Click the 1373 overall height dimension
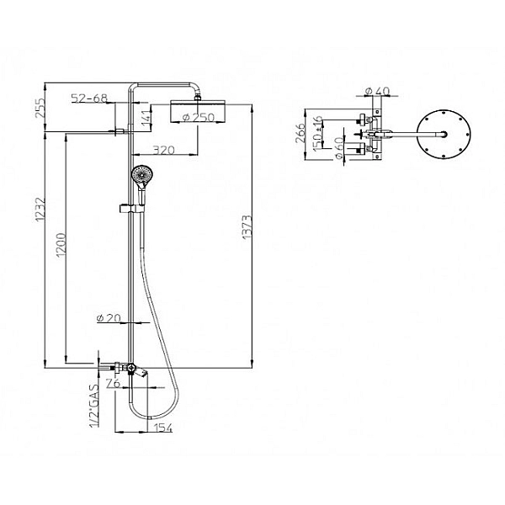pyautogui.click(x=247, y=227)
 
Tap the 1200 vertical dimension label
pyautogui.click(x=61, y=245)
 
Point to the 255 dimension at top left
pyautogui.click(x=40, y=108)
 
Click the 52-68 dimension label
pyautogui.click(x=89, y=98)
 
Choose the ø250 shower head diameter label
pyautogui.click(x=199, y=117)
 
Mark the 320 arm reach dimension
pyautogui.click(x=163, y=150)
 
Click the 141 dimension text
pyautogui.click(x=146, y=118)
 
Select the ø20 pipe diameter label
pyautogui.click(x=109, y=318)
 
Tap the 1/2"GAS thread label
pyautogui.click(x=94, y=406)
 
